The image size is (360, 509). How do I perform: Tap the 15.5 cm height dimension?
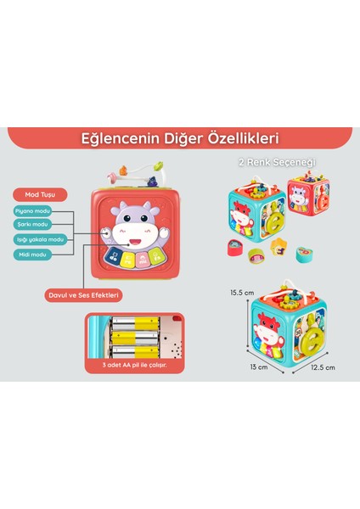(x=241, y=293)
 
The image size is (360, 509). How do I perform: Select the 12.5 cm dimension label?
(x=323, y=367)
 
